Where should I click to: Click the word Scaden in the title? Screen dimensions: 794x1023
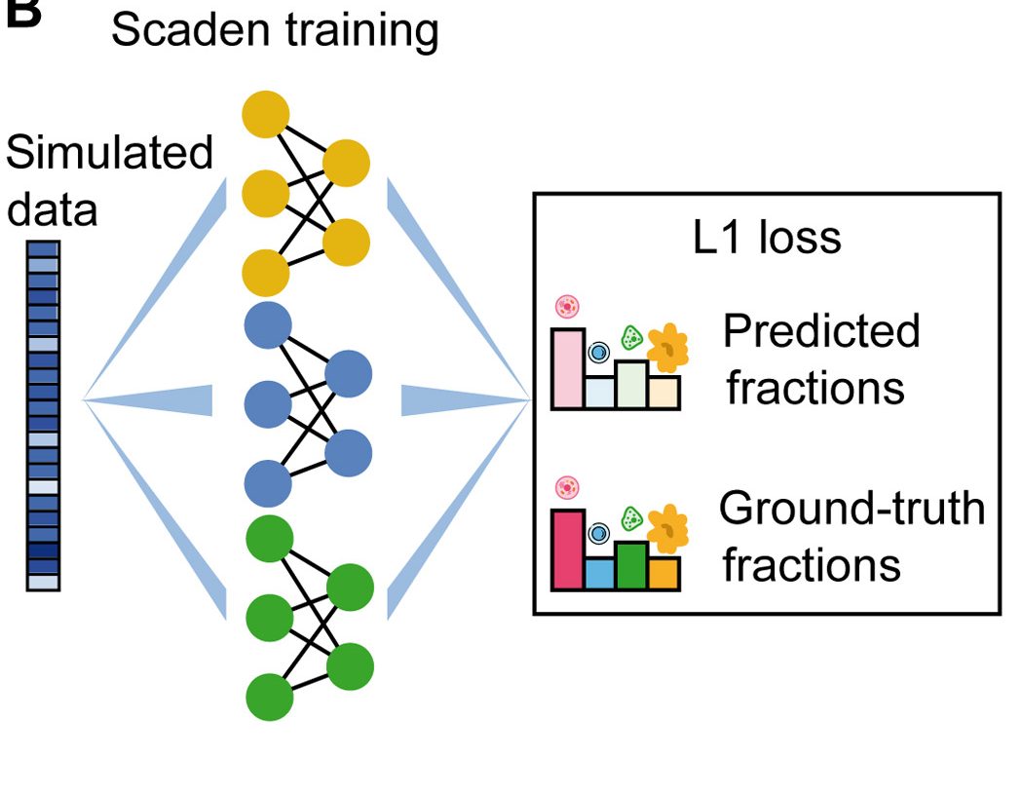click(181, 30)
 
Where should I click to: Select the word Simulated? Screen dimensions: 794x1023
click(109, 154)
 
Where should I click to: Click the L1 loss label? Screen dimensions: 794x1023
click(767, 238)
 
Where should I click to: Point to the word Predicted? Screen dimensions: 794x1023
click(820, 331)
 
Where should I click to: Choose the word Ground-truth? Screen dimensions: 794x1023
click(852, 509)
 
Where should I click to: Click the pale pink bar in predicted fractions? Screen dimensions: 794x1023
click(568, 368)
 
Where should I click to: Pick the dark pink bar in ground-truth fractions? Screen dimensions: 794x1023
click(568, 549)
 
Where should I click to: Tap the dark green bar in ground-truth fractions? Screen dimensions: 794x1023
click(631, 565)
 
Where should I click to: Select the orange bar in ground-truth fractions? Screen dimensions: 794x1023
click(663, 573)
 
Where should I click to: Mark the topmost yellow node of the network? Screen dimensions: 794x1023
click(266, 113)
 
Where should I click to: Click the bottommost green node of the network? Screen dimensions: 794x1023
click(270, 698)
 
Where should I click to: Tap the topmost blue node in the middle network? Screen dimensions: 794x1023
click(268, 326)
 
